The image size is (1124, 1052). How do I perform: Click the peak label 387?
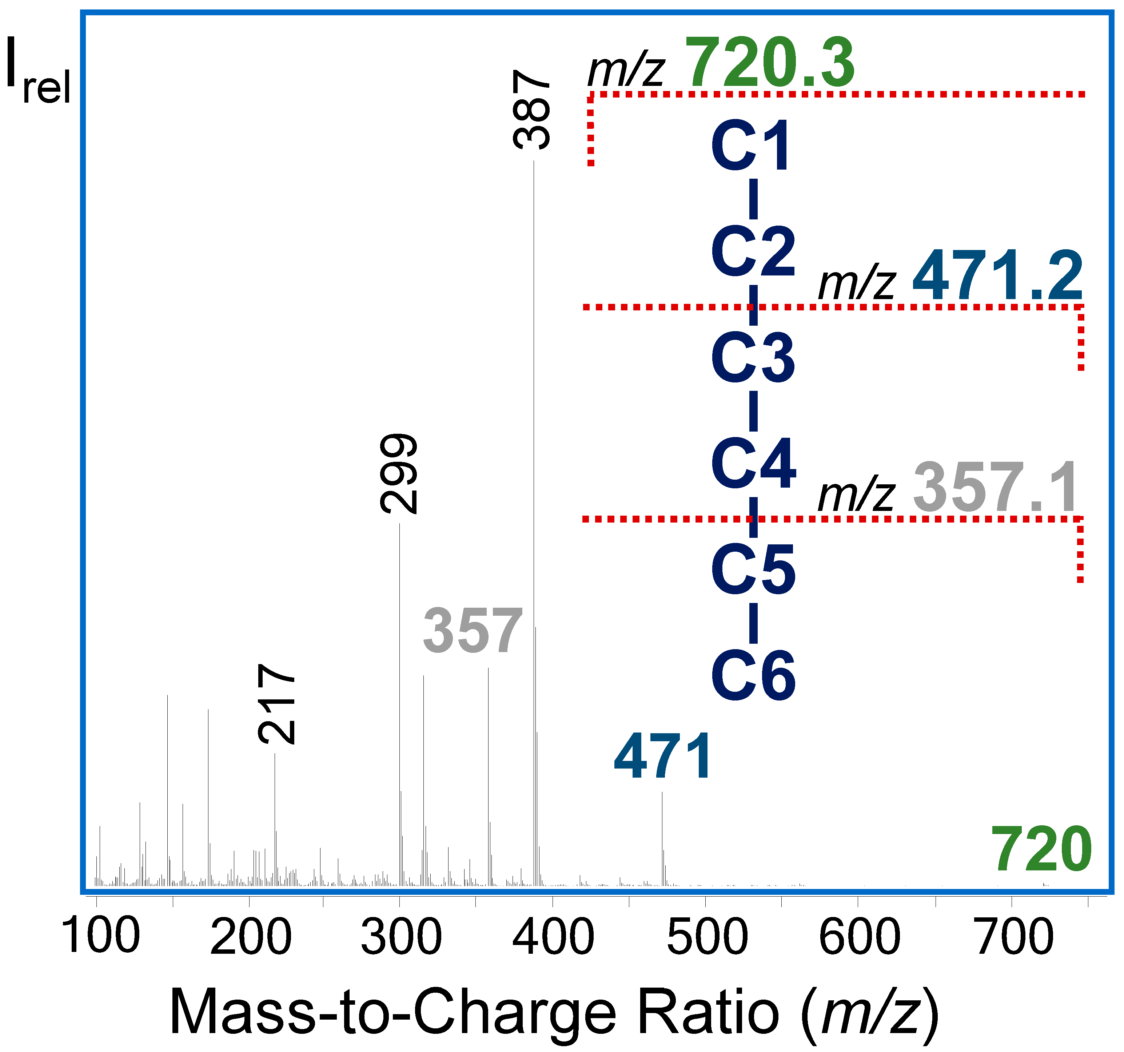(531, 109)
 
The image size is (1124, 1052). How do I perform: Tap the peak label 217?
(276, 704)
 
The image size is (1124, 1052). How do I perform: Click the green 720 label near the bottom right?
(1041, 850)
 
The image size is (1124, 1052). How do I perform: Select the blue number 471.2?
(997, 276)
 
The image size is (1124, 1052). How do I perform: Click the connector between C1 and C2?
(753, 199)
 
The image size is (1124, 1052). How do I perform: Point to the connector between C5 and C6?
(753, 623)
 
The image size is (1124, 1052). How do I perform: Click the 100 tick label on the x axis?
(101, 936)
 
